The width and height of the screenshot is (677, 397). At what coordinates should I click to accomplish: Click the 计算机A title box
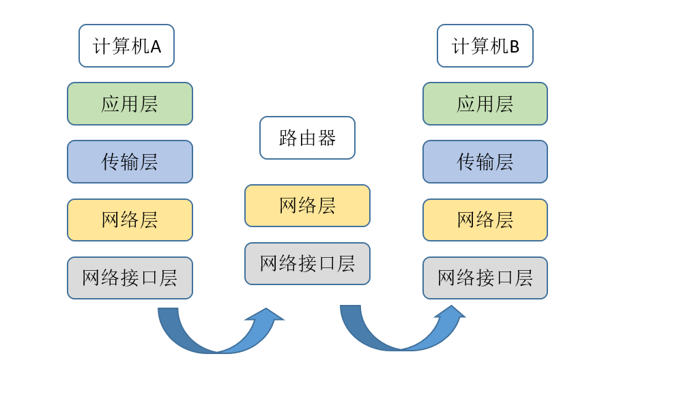[126, 46]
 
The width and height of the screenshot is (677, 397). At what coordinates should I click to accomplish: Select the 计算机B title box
[485, 46]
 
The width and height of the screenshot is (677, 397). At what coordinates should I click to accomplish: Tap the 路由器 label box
[307, 138]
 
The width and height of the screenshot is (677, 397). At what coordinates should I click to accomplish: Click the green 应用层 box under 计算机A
[130, 104]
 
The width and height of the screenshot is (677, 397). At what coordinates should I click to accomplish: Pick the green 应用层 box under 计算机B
[485, 104]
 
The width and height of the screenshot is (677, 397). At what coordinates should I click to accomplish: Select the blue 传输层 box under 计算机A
[130, 162]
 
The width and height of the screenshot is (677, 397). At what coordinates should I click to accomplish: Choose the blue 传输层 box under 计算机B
[485, 162]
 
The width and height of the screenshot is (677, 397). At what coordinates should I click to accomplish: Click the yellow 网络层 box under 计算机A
[130, 220]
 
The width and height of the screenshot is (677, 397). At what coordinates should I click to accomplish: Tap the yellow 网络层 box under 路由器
[307, 205]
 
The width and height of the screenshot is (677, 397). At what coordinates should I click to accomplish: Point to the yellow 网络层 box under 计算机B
[485, 220]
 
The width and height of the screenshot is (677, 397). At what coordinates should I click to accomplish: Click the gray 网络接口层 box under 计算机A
[130, 278]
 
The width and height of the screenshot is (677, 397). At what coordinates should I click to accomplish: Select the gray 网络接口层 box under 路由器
[307, 263]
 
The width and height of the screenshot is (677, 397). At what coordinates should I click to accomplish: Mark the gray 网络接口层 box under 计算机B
[485, 278]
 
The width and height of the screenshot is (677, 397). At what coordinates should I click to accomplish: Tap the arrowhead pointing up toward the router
[265, 315]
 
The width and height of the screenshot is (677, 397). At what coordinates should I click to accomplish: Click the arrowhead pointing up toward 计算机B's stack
[450, 312]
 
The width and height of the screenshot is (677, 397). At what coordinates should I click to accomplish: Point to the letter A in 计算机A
[156, 46]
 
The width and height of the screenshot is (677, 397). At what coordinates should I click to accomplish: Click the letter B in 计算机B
[514, 46]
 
